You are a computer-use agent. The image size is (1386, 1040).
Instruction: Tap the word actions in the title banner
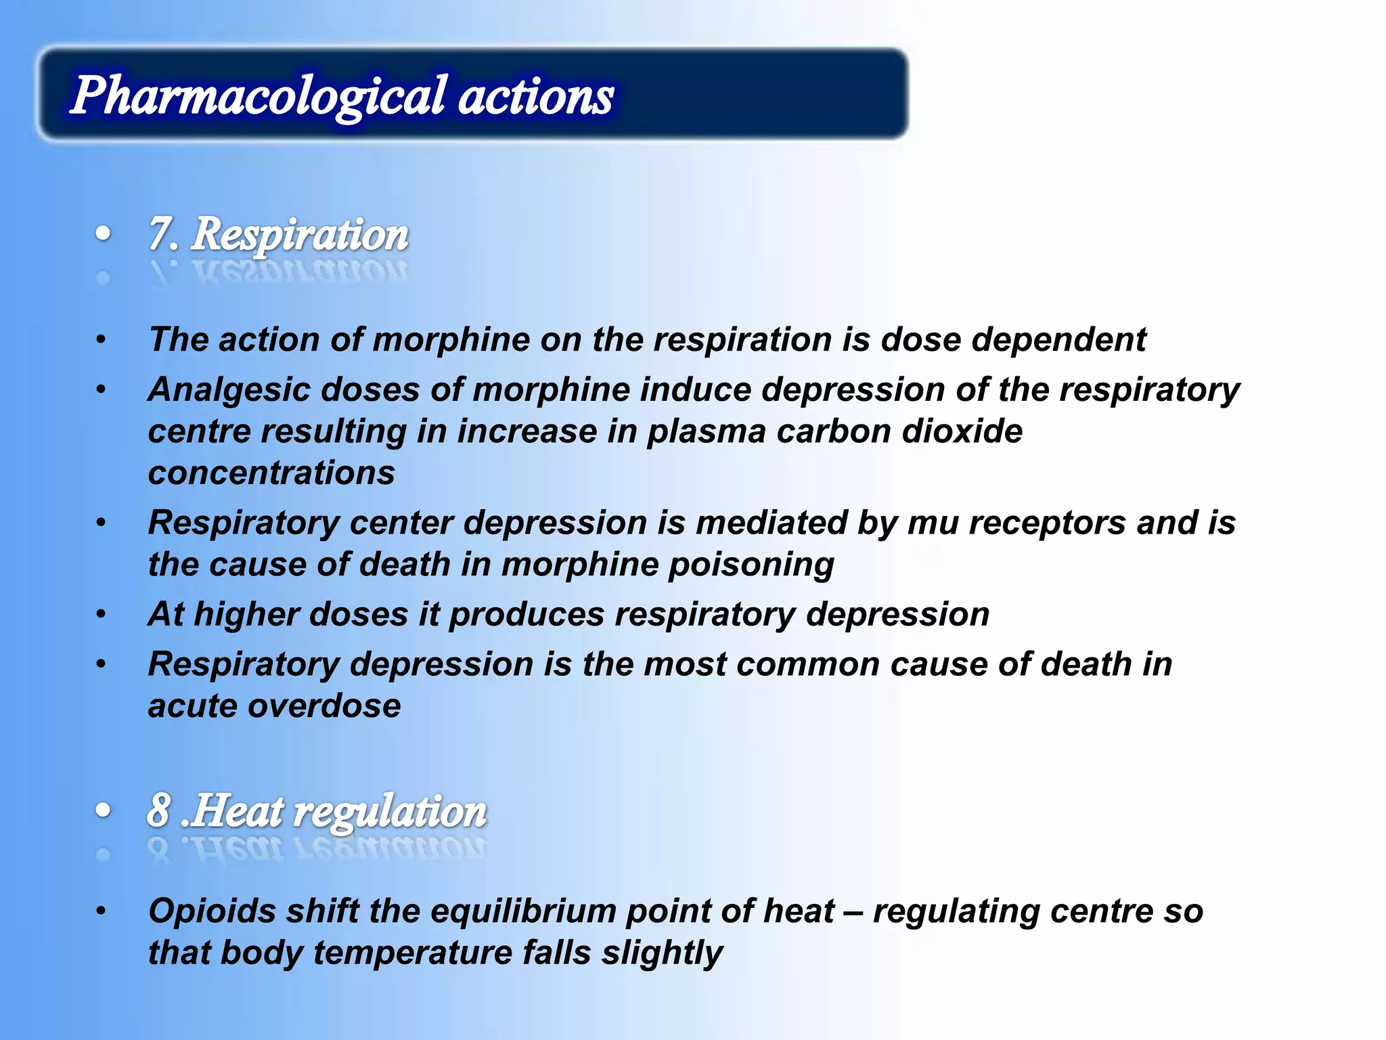[536, 97]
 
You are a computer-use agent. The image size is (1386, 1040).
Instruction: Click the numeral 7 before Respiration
[160, 234]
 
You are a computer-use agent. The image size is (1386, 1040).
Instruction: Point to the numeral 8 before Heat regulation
[158, 810]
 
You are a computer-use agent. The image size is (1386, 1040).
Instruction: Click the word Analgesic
[228, 391]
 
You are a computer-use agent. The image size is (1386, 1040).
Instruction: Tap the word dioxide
[962, 431]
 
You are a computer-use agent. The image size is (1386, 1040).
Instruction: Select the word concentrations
[271, 473]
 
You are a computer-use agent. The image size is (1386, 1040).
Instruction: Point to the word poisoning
[751, 565]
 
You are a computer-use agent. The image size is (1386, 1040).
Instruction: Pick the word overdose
[324, 706]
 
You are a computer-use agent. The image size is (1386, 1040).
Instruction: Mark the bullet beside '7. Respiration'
[103, 234]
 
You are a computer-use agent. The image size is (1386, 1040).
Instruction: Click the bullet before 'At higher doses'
[101, 615]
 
